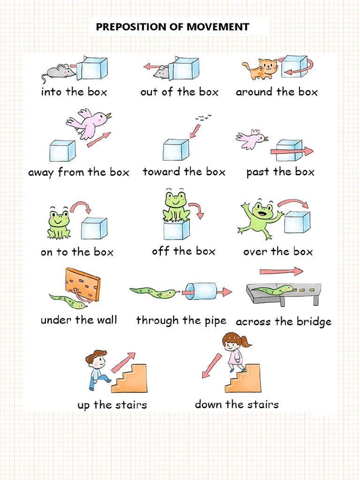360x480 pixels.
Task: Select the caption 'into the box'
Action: [74, 92]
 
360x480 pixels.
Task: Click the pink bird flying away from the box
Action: [89, 122]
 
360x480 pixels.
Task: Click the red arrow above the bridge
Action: [281, 271]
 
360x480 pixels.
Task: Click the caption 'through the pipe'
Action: [181, 321]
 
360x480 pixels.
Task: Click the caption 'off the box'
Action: [183, 252]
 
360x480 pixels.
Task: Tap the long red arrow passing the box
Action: [291, 151]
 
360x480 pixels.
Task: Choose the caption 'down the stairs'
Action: [237, 405]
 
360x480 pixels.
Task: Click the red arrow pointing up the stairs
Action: [123, 361]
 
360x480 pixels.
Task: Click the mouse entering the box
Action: [60, 72]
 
